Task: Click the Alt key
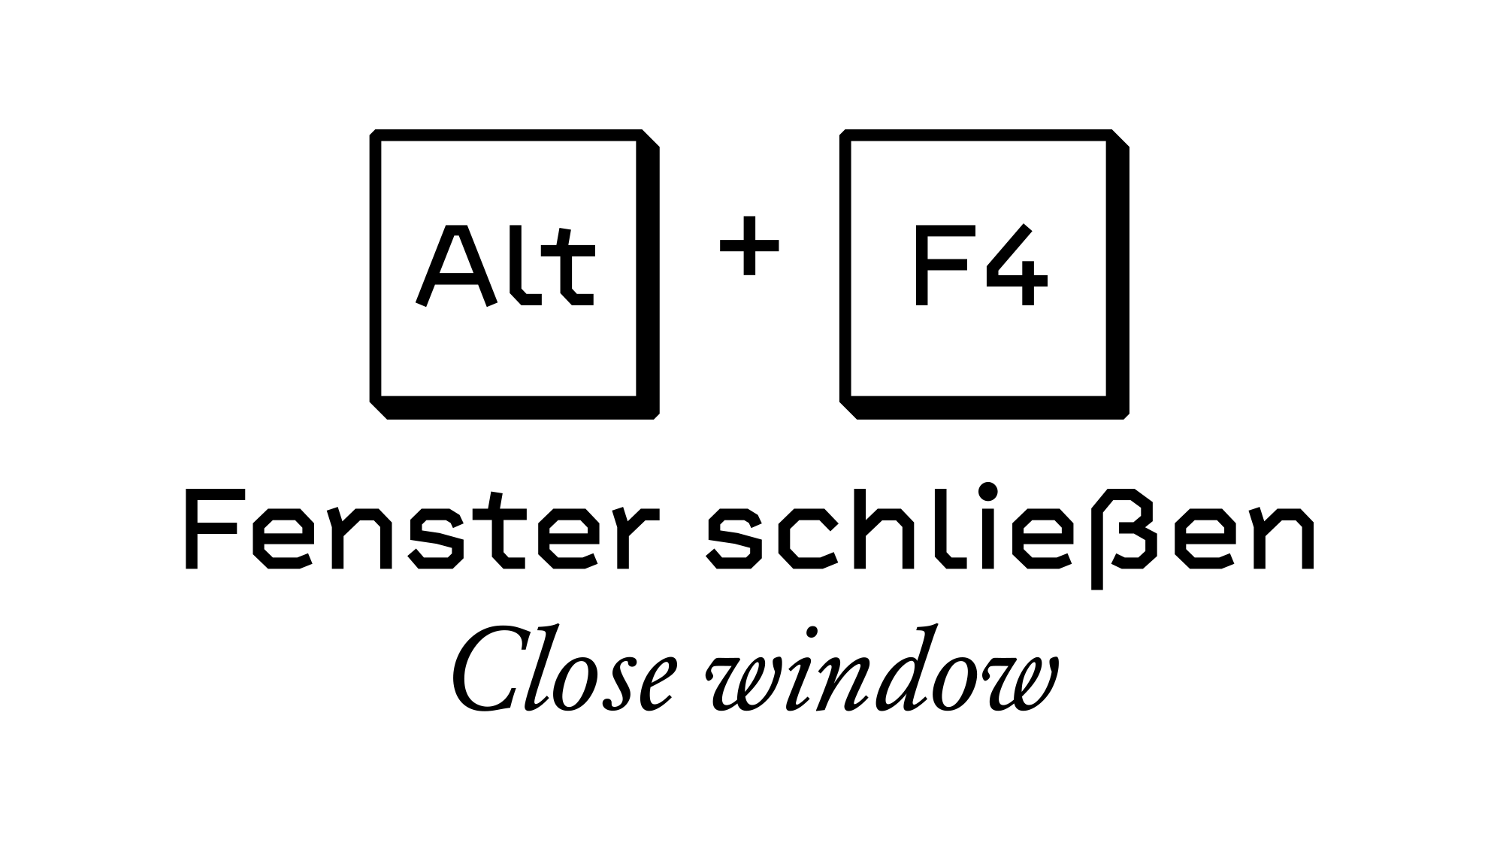pos(515,274)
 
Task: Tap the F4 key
pos(984,274)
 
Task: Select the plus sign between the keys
pos(749,245)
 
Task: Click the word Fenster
pos(422,530)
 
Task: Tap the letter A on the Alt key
pos(453,265)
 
